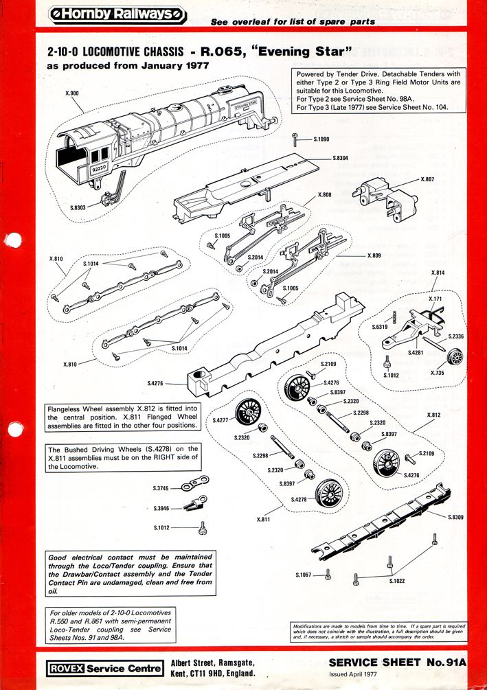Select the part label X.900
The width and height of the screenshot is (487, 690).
click(72, 93)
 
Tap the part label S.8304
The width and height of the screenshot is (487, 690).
click(340, 159)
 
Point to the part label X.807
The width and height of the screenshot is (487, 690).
click(427, 179)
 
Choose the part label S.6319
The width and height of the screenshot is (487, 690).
click(381, 327)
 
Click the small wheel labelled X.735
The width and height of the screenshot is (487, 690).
click(454, 358)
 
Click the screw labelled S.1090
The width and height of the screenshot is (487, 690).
click(293, 140)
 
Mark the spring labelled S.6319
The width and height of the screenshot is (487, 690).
click(396, 317)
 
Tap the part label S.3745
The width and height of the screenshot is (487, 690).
click(161, 488)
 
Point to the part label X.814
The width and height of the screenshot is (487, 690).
click(438, 273)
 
